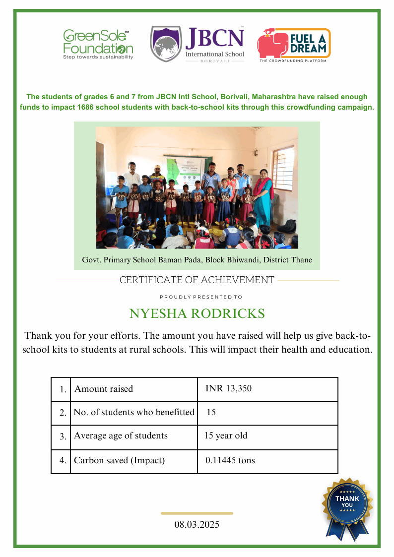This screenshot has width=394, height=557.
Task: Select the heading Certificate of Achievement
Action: click(197, 280)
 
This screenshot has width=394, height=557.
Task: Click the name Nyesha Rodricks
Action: click(197, 314)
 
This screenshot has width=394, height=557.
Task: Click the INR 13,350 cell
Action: click(228, 389)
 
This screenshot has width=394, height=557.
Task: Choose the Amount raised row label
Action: click(104, 389)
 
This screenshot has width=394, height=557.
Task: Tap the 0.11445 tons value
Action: click(230, 460)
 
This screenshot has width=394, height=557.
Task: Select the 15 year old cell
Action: click(226, 436)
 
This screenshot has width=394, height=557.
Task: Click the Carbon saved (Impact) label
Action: click(119, 460)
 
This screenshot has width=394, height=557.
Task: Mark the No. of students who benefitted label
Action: click(134, 412)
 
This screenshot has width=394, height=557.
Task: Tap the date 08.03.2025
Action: click(197, 524)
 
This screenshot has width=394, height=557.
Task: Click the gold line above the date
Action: click(197, 513)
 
